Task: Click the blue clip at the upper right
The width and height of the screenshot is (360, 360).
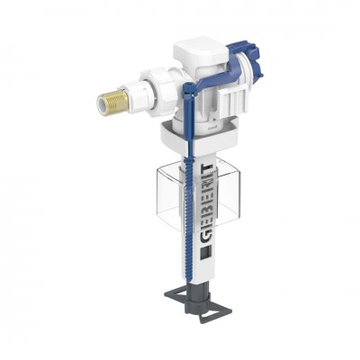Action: (x=247, y=60)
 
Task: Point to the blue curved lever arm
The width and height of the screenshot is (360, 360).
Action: (x=210, y=78)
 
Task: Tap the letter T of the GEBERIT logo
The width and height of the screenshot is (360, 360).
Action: (x=207, y=167)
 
